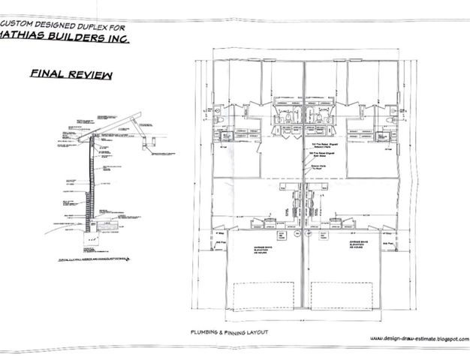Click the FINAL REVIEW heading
pyautogui.click(x=72, y=75)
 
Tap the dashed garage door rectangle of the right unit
pyautogui.click(x=345, y=294)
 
